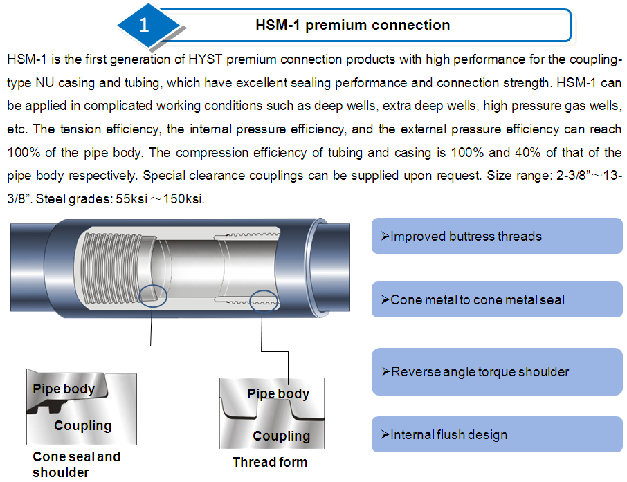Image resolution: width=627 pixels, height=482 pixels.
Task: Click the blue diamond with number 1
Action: click(x=143, y=26)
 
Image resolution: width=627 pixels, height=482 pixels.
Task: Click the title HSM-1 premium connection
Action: click(x=353, y=26)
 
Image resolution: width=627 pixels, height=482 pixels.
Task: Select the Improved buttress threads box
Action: click(x=497, y=237)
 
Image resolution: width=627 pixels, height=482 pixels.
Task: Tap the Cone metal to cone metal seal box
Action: click(x=497, y=300)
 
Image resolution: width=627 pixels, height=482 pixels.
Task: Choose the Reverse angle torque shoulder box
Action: click(x=497, y=372)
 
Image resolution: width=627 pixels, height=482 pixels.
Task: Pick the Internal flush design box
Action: click(x=497, y=435)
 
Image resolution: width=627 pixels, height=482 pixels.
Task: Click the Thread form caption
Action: click(x=270, y=462)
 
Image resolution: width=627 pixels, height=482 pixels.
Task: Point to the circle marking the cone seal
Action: click(x=153, y=295)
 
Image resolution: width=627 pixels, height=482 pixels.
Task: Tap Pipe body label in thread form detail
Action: click(x=278, y=394)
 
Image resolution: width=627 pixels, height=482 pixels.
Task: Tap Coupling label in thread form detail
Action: click(x=281, y=436)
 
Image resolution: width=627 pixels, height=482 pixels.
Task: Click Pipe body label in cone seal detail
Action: click(x=64, y=389)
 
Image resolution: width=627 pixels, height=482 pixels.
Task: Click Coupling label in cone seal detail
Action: click(x=82, y=425)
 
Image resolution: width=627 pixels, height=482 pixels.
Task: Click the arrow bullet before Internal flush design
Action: click(x=385, y=435)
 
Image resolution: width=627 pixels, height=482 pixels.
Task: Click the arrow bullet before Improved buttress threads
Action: click(x=385, y=237)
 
